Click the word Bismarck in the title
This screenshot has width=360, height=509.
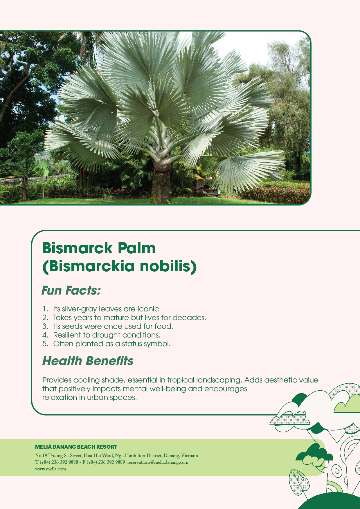pos(77,248)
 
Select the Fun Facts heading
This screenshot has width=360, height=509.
pos(71,290)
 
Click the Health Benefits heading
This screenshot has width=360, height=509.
pos(88,361)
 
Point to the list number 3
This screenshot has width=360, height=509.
pos(45,326)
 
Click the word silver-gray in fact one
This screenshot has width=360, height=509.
pos(80,309)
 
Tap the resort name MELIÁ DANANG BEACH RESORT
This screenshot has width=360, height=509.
pos(76,447)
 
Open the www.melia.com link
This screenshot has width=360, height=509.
pos(51,469)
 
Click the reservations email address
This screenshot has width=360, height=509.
pos(158,462)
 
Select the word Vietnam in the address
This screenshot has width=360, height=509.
pos(190,456)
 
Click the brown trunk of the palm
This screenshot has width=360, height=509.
pos(161,186)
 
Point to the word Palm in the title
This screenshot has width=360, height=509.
pos(137,248)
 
